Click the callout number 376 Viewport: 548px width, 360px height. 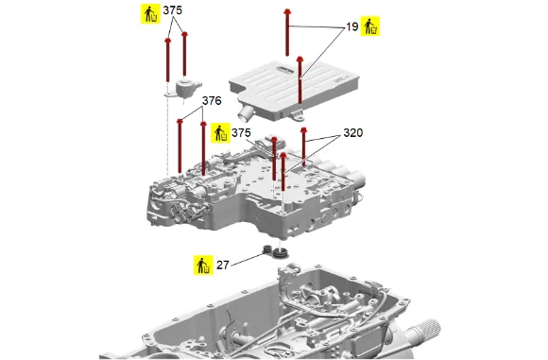[x=212, y=101]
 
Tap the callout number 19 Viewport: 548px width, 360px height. [x=352, y=26]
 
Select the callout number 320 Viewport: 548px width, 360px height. [x=353, y=133]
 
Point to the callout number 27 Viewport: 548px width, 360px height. [x=223, y=266]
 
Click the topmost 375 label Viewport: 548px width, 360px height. [x=173, y=10]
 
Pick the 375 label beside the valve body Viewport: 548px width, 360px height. [x=241, y=133]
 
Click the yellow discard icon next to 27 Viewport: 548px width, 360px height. [x=203, y=265]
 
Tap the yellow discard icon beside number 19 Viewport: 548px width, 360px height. [x=370, y=26]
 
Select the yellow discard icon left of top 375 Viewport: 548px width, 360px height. [x=150, y=13]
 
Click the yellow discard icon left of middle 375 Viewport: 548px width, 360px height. [x=220, y=133]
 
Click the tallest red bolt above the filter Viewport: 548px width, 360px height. [x=287, y=32]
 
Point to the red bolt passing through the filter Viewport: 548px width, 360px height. [x=300, y=79]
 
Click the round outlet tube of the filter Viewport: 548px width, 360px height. [x=246, y=112]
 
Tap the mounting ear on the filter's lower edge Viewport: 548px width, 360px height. [x=297, y=113]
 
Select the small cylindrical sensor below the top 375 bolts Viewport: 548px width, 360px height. [x=186, y=88]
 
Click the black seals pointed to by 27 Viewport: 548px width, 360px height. [x=275, y=251]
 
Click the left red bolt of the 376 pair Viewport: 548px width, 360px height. [x=180, y=146]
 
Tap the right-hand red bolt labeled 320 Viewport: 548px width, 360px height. [x=303, y=146]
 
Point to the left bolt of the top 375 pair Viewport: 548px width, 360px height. [x=168, y=60]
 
